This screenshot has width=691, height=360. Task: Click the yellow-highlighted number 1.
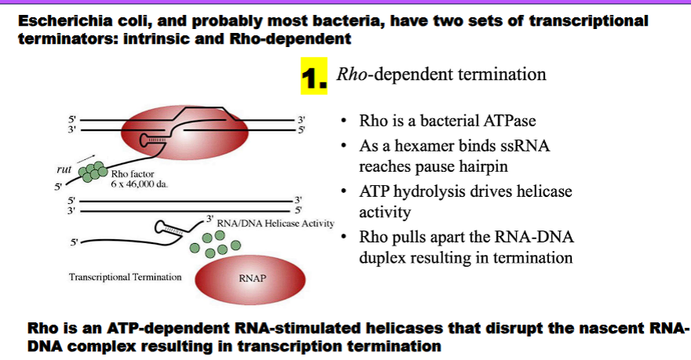(x=313, y=78)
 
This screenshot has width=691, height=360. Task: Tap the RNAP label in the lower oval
(x=255, y=278)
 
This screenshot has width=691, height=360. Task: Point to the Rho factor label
(x=130, y=174)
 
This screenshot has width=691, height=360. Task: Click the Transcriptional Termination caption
(x=125, y=277)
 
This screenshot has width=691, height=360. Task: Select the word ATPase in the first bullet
(x=511, y=122)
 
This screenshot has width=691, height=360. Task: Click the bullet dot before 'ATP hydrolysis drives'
(x=344, y=192)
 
